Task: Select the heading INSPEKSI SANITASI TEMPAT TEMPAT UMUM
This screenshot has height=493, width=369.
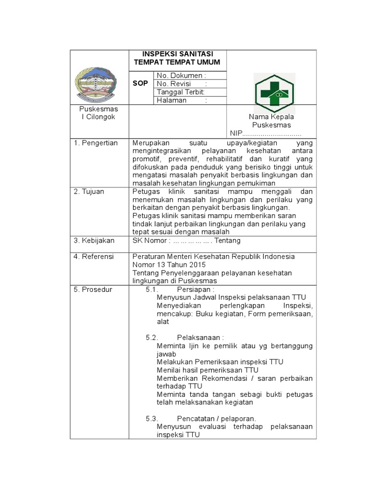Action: pos(177,58)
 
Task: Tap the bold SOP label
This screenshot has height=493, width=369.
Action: pos(140,84)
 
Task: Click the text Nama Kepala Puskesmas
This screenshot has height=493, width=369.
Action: pos(271,121)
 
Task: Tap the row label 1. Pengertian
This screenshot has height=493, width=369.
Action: pos(96,143)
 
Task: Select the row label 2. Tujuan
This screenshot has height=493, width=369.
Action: pos(89,191)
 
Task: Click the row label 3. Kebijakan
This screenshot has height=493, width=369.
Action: pos(94,240)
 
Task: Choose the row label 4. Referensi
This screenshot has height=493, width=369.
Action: pos(94,257)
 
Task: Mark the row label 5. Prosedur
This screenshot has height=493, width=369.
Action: pos(93,289)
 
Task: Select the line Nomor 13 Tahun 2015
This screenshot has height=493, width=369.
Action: pos(169,265)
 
